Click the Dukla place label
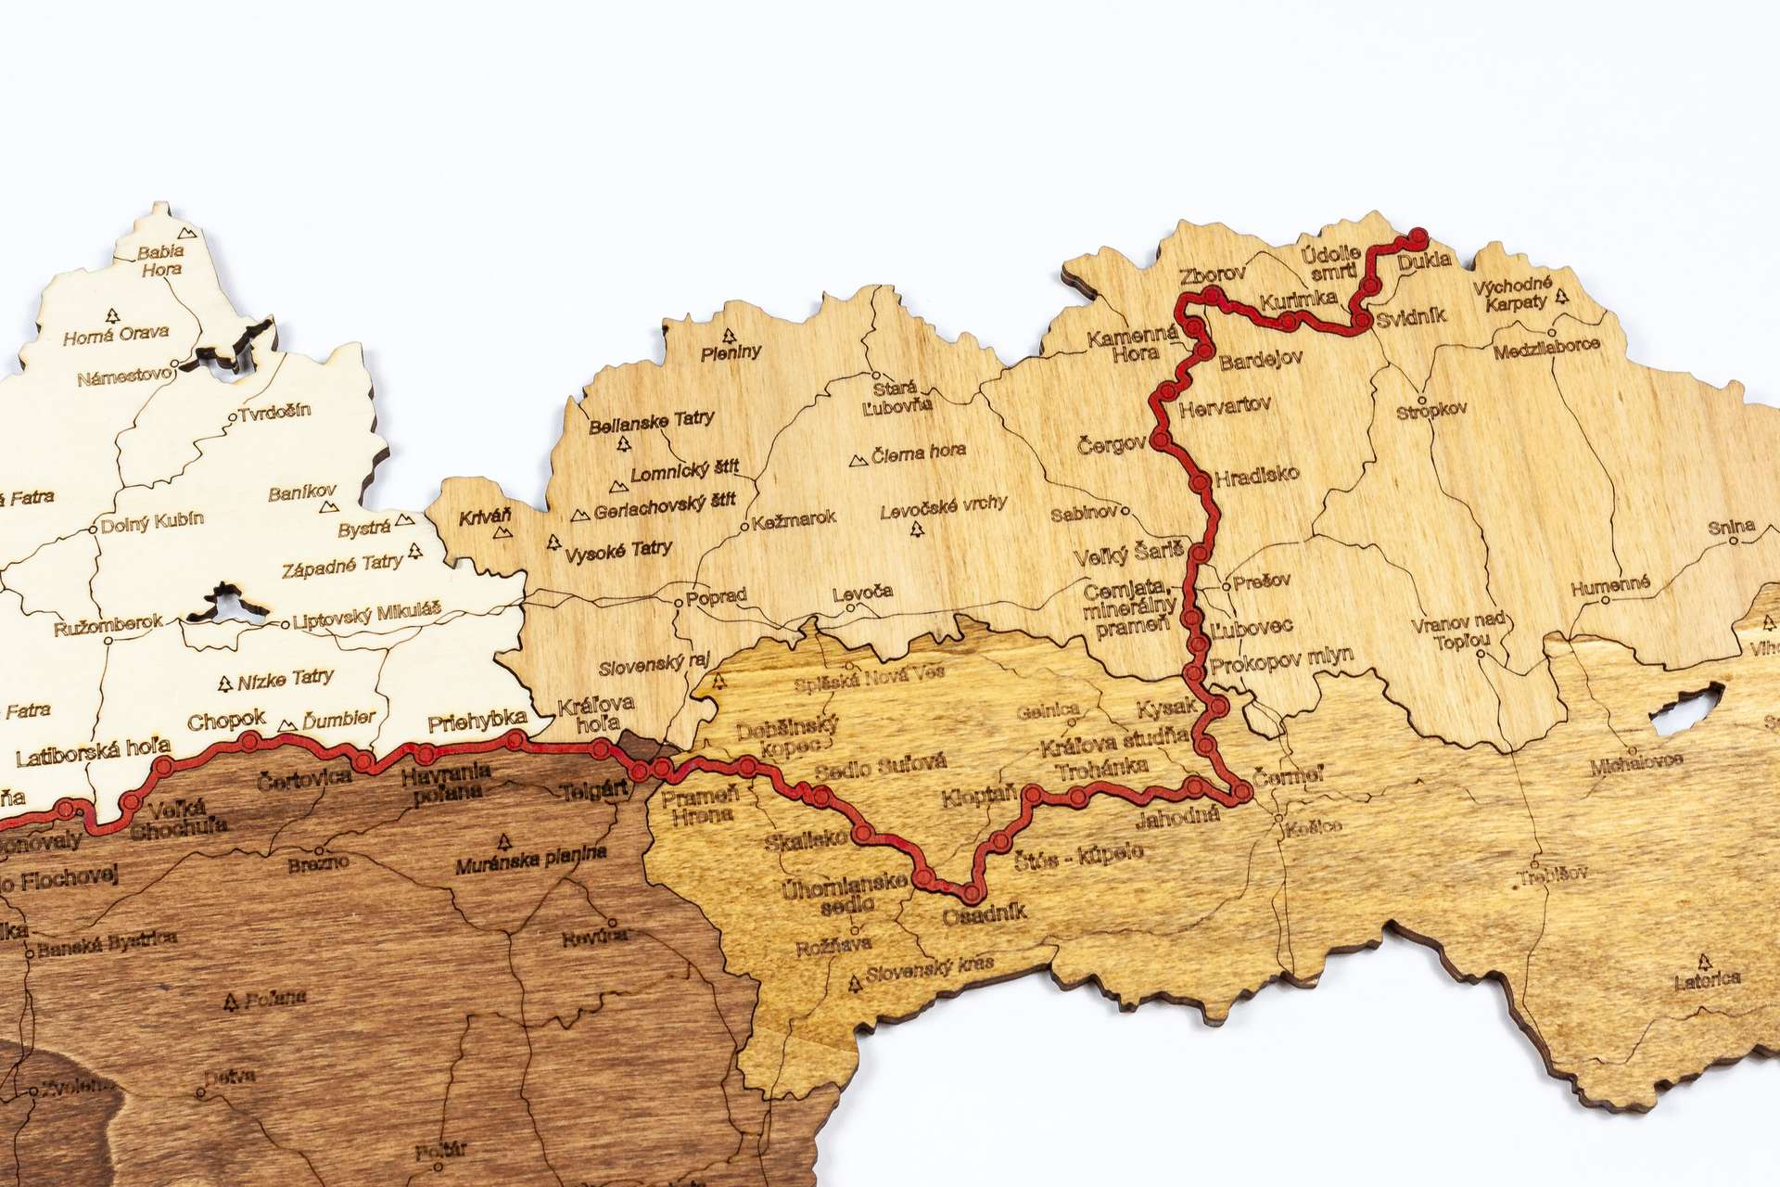tap(1424, 262)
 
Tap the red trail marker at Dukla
tap(1418, 238)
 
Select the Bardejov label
tap(1261, 360)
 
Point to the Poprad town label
tap(717, 597)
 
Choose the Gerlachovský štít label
tap(665, 506)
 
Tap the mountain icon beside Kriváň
tap(504, 534)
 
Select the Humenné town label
tap(1610, 586)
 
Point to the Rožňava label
tap(833, 947)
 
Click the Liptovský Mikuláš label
tap(367, 616)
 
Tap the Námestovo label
tap(124, 377)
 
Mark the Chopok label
tap(226, 721)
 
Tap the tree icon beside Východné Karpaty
tap(1562, 296)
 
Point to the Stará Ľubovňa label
tap(896, 397)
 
